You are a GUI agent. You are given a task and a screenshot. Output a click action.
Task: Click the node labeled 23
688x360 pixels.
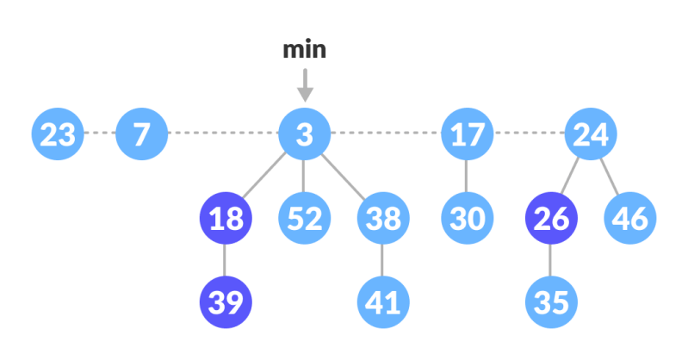point(58,133)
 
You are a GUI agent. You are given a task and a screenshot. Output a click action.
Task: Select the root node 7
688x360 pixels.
point(141,133)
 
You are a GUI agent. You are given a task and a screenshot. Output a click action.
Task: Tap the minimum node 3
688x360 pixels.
point(304,133)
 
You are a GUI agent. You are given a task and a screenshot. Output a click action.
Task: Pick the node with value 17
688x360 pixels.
point(467,133)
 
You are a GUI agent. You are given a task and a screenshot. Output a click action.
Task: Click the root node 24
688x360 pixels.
point(591,133)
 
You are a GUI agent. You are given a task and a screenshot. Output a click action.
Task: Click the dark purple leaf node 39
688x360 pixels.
point(225,301)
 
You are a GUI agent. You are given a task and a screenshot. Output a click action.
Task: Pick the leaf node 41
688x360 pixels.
point(383,301)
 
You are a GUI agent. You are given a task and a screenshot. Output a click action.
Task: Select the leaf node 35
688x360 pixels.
point(550,301)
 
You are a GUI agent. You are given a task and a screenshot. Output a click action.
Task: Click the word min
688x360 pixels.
point(304,50)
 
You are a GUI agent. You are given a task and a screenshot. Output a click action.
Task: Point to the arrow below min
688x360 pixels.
point(304,86)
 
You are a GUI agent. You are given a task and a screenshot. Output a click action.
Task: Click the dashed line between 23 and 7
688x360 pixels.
point(100,133)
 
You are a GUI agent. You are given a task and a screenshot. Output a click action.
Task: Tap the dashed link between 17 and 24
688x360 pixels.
point(529,133)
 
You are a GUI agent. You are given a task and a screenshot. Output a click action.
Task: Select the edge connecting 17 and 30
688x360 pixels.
point(467,176)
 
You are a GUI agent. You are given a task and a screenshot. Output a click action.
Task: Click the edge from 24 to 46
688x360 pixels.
point(611,176)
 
